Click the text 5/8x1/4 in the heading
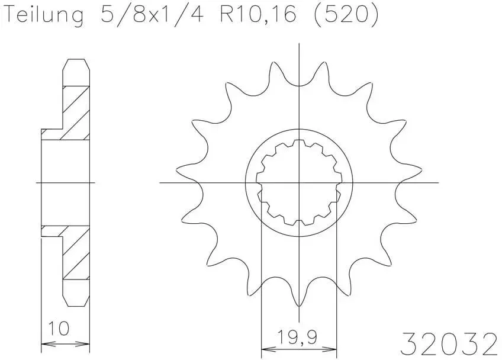(x=151, y=15)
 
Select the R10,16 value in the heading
(x=258, y=15)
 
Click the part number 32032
(x=449, y=342)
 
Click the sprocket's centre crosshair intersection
(x=300, y=183)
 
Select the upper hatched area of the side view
(x=76, y=112)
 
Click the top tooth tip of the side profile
(x=77, y=60)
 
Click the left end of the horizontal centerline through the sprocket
(x=161, y=183)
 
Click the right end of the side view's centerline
(x=95, y=183)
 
